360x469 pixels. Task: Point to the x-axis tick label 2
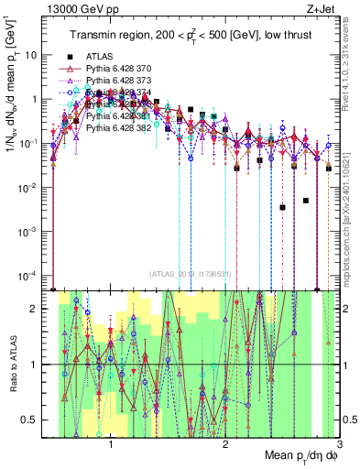click(225, 446)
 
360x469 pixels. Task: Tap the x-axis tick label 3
click(338, 446)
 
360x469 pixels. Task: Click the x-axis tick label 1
click(111, 446)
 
